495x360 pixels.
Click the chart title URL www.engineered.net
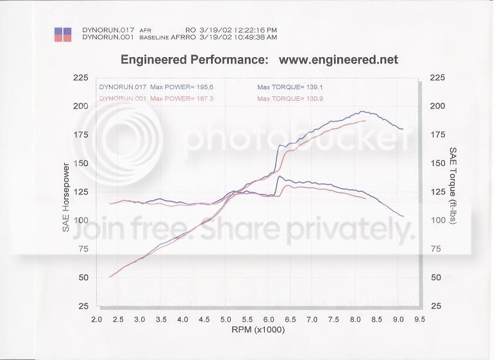[x=339, y=60]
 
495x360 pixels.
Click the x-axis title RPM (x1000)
[x=258, y=330]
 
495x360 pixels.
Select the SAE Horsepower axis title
[x=67, y=196]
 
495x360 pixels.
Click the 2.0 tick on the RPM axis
[x=97, y=319]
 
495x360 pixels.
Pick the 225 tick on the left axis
[x=81, y=78]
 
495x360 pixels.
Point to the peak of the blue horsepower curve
[x=362, y=112]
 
